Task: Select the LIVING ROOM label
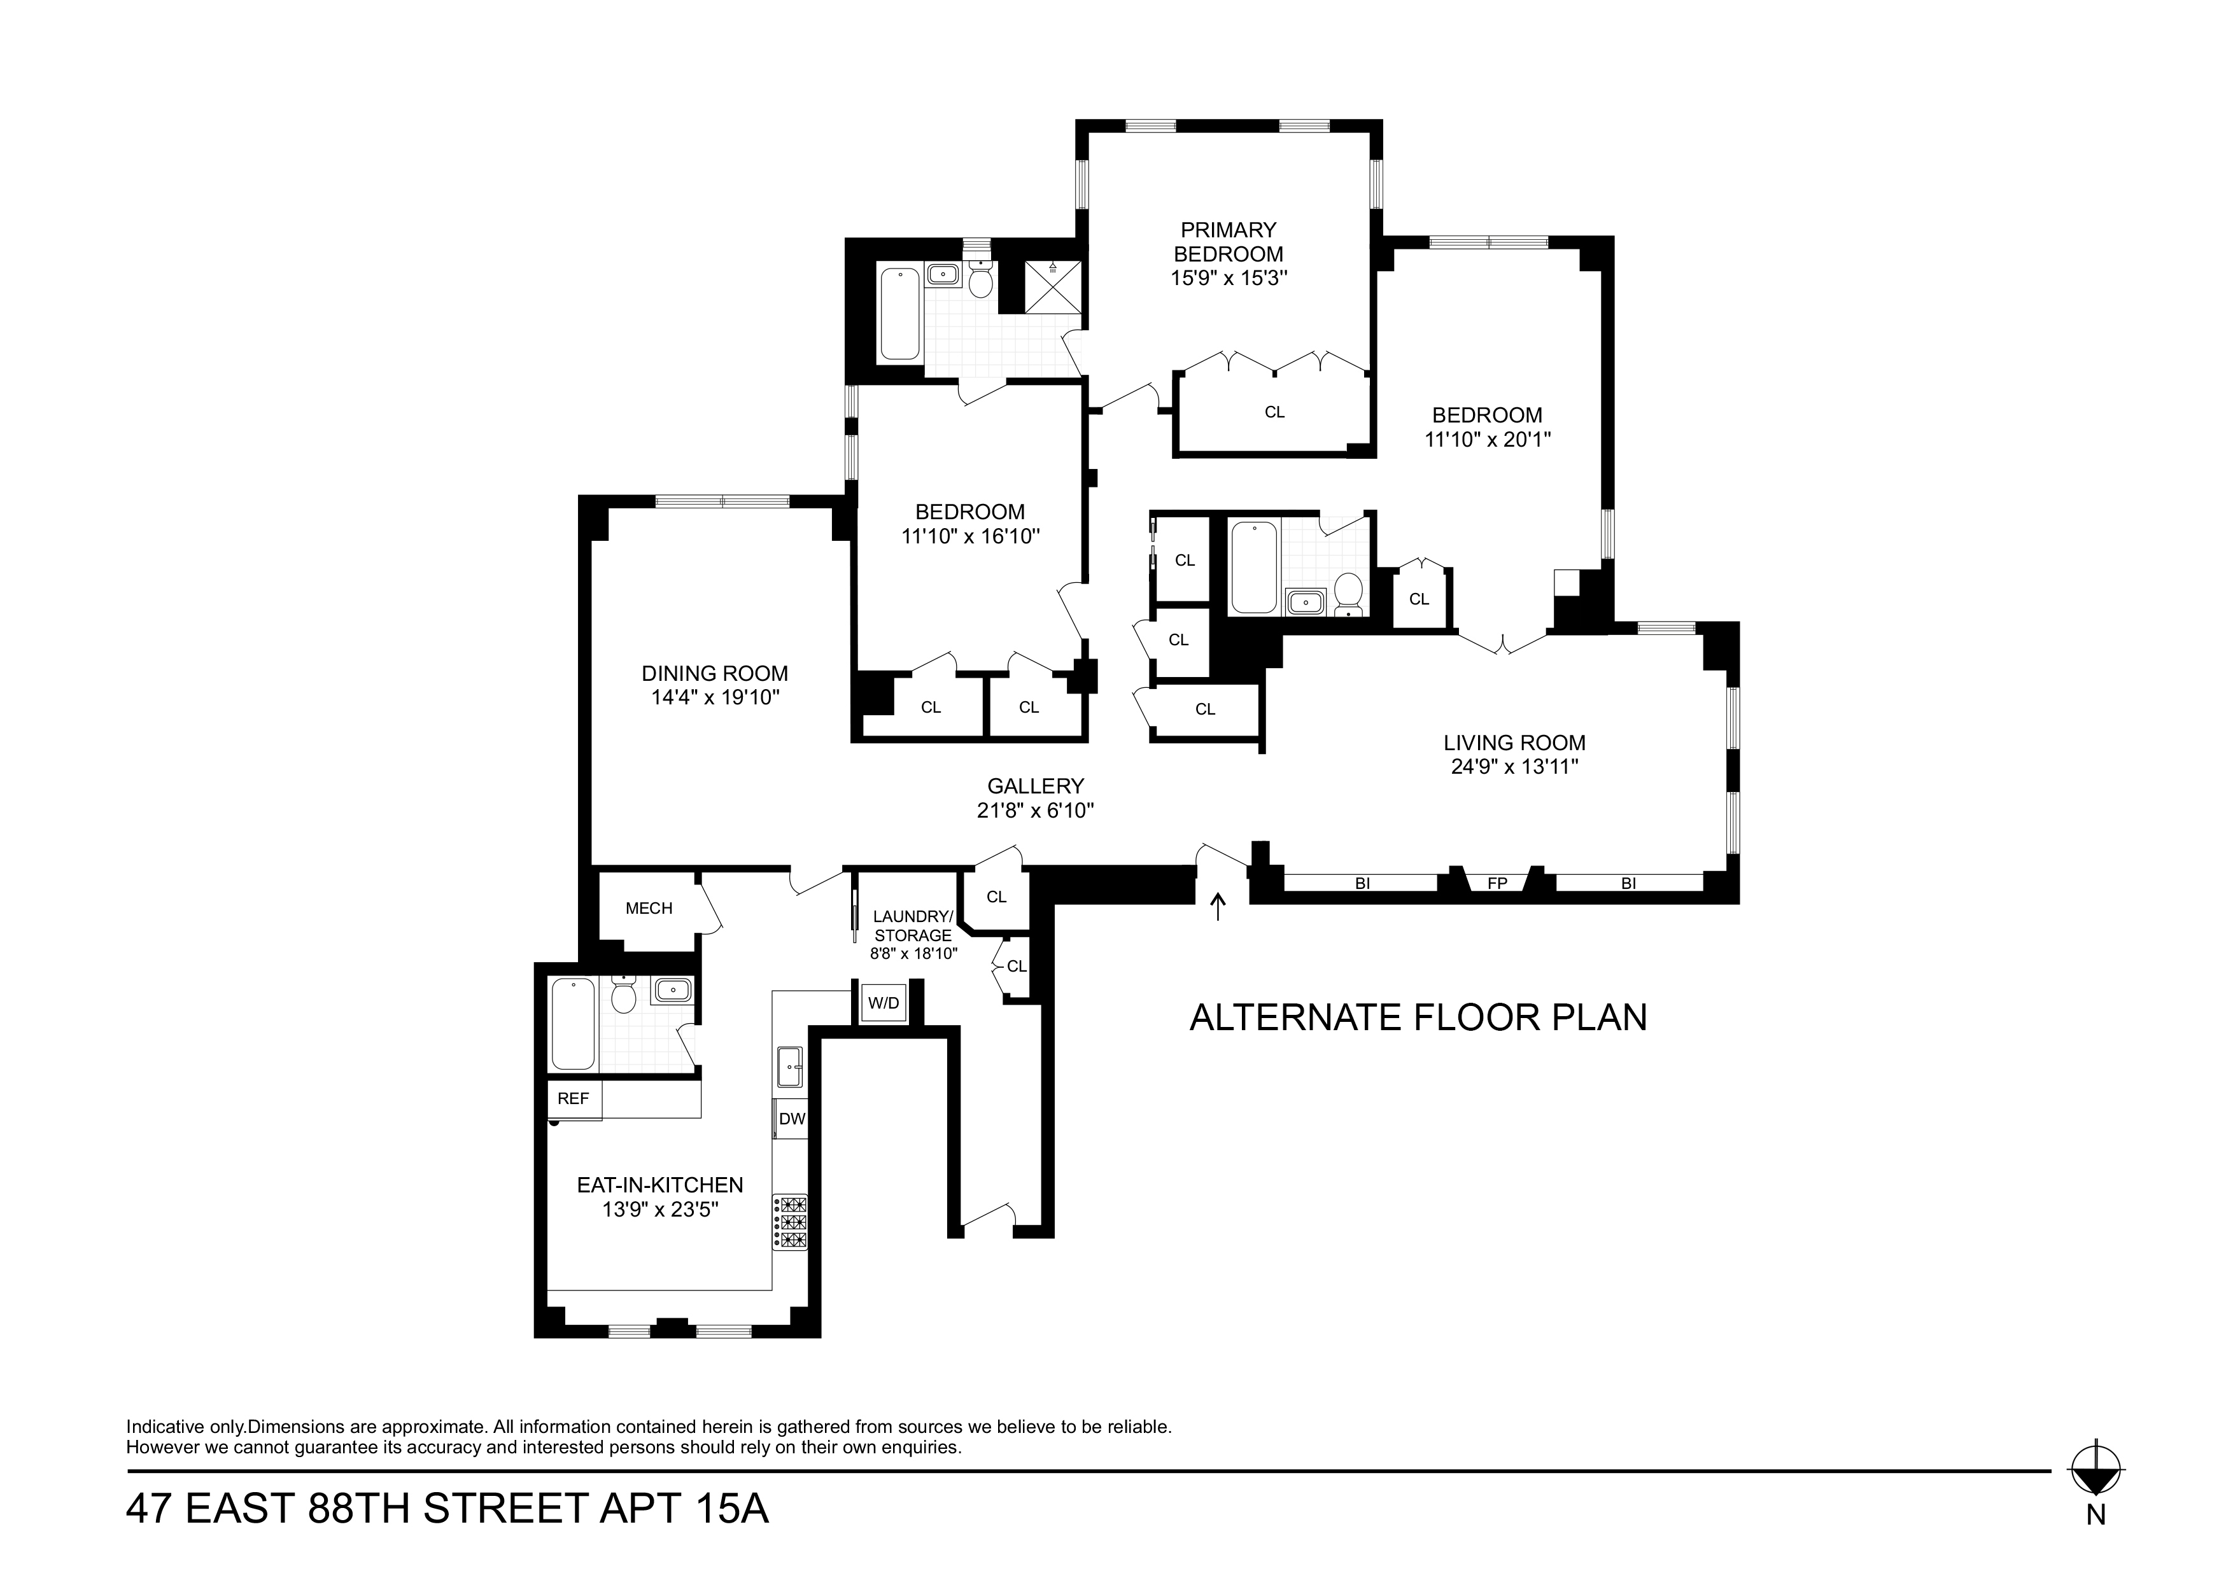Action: pyautogui.click(x=1514, y=743)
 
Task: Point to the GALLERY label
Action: pyautogui.click(x=1035, y=786)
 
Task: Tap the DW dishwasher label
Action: pyautogui.click(x=792, y=1119)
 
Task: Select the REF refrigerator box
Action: pyautogui.click(x=574, y=1099)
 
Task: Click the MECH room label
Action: pyautogui.click(x=649, y=908)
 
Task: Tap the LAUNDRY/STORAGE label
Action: pyautogui.click(x=912, y=926)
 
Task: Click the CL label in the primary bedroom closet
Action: pyautogui.click(x=1274, y=412)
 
